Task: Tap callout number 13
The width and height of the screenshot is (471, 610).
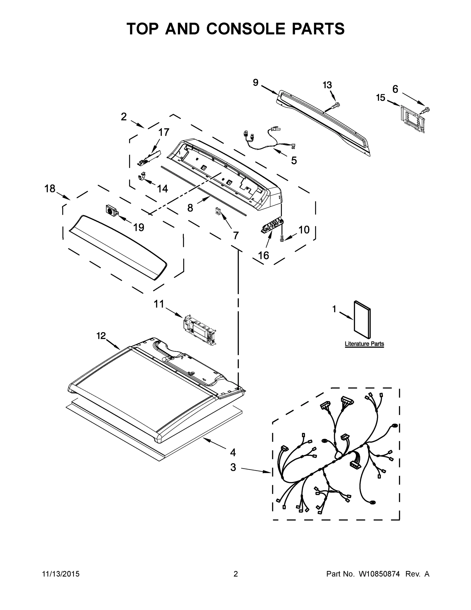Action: (327, 85)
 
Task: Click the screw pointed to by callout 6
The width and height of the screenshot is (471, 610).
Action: (426, 110)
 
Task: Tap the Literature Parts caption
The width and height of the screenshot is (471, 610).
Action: (364, 344)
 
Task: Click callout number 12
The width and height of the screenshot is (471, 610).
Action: (101, 336)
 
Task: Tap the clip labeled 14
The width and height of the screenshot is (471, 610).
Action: (142, 177)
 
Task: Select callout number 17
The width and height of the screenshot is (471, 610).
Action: (164, 132)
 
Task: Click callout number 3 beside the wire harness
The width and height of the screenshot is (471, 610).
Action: (233, 467)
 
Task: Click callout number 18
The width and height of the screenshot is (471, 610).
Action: (50, 189)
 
